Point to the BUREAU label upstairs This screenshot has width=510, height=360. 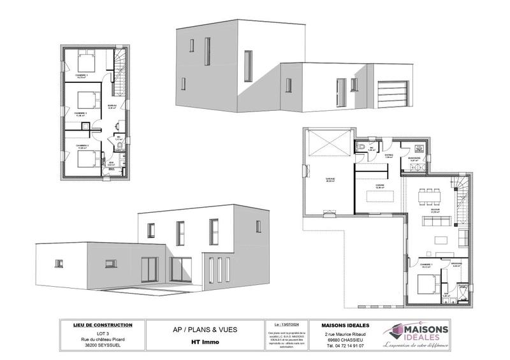112,106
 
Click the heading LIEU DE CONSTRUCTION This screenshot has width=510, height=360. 103,326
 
